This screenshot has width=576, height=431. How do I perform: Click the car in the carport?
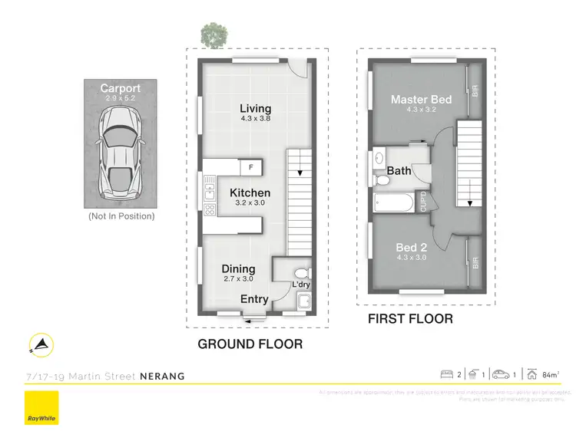click(x=121, y=150)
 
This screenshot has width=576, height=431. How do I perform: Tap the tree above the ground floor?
click(x=213, y=34)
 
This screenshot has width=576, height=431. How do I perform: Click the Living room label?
click(x=255, y=108)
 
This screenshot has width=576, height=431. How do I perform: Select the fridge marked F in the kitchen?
click(x=250, y=166)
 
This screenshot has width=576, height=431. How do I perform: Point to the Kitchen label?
click(x=250, y=193)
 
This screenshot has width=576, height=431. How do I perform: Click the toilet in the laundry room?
click(x=301, y=274)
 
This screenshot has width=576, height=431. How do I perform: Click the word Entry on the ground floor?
click(x=255, y=298)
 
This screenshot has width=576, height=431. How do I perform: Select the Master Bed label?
click(x=421, y=100)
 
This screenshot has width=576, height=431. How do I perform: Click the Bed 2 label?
click(x=412, y=247)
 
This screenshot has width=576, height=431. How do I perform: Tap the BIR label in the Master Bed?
click(x=475, y=91)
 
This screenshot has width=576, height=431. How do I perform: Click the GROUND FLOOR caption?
click(x=250, y=344)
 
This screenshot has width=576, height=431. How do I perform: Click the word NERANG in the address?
click(x=162, y=376)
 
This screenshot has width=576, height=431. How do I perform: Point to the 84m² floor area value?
click(x=550, y=375)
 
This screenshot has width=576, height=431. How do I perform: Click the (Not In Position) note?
click(x=121, y=216)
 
